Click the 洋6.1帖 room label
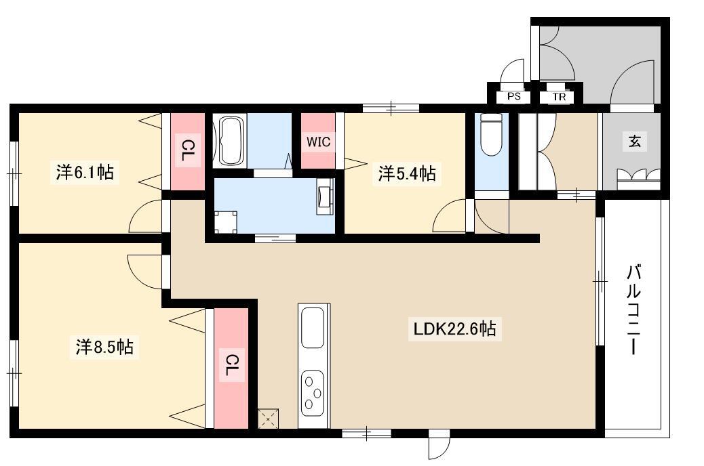coord(85,172)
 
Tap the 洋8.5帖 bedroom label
coord(104,347)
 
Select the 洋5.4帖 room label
coord(407,173)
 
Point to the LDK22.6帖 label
coord(455,329)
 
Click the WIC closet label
coord(318,142)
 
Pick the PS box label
coord(514,96)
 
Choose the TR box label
coord(560,96)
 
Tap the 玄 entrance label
coord(634,142)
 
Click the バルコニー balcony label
coord(633,310)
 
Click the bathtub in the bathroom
coord(231,141)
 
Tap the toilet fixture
coord(491,133)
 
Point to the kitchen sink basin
coord(313,327)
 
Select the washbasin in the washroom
coord(326,196)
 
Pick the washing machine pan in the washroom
coord(226,222)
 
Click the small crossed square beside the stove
coord(268,419)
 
